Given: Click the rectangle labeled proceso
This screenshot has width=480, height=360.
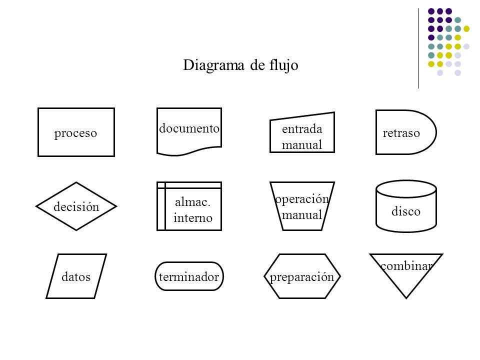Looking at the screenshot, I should click(76, 132).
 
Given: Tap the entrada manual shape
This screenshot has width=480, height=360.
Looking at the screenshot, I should click(302, 132).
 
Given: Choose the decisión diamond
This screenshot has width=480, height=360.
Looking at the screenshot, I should click(76, 206).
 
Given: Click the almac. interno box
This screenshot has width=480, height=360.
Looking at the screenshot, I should click(189, 206).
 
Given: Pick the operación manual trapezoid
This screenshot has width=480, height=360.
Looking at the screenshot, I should click(302, 206).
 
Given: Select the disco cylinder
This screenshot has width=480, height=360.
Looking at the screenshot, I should click(406, 206).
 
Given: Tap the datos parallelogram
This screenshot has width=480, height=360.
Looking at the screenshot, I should click(76, 276).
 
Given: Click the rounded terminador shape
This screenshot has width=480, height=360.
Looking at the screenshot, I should click(189, 276).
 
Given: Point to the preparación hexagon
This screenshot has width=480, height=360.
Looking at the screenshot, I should click(302, 276).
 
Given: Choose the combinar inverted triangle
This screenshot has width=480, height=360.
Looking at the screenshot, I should click(406, 272).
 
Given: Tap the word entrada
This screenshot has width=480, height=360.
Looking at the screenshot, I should click(302, 129).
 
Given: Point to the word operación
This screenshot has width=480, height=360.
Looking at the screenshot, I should click(302, 199).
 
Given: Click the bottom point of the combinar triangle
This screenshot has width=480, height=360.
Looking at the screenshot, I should click(406, 297).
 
